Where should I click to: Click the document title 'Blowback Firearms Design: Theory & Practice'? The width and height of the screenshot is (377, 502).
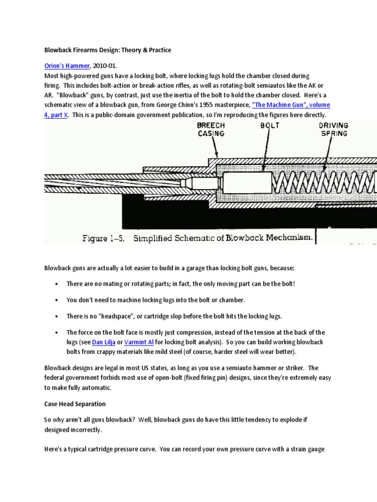[108, 50]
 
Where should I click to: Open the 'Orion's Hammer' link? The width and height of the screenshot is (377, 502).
[67, 66]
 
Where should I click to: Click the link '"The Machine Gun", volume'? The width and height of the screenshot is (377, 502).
[291, 105]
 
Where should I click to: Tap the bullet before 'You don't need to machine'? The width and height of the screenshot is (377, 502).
[57, 300]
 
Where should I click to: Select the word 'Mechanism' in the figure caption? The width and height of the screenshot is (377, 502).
[287, 238]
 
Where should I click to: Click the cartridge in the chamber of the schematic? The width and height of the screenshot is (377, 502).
[196, 183]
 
